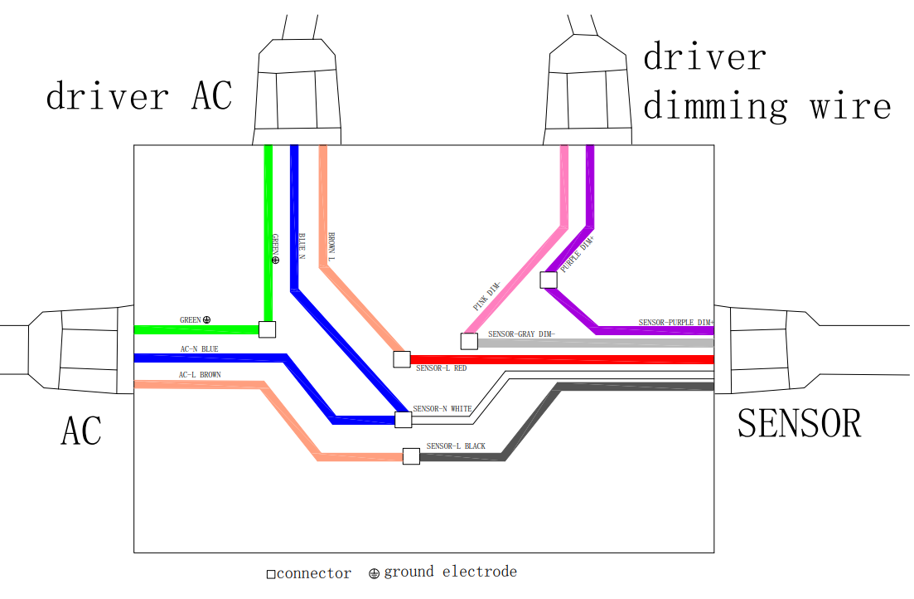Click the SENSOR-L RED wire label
tap(442, 368)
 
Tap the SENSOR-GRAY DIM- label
tap(521, 334)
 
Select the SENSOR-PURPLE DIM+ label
tap(676, 322)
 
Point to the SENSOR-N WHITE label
tap(442, 409)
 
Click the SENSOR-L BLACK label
tap(456, 446)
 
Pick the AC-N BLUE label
tap(200, 349)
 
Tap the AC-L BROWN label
tap(200, 375)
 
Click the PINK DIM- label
tap(486, 296)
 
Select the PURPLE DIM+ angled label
tap(577, 254)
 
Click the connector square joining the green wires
tap(267, 329)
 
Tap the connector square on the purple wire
tap(549, 280)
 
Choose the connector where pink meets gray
tap(469, 341)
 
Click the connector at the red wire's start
tap(402, 359)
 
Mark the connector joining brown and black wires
tap(412, 456)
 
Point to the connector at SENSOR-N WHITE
tap(404, 420)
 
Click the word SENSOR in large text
tap(799, 423)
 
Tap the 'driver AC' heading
tap(139, 95)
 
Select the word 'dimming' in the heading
tap(716, 106)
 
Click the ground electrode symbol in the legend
tap(375, 574)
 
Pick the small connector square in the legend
tap(271, 574)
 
